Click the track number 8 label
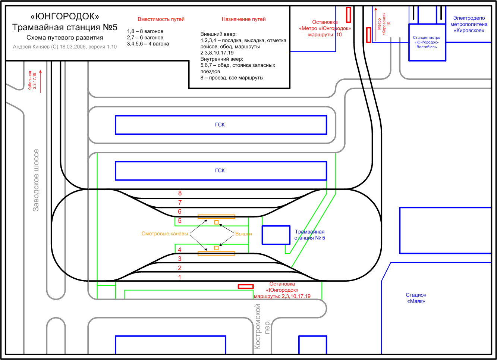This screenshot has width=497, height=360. tap(180, 193)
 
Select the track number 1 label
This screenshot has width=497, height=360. tap(180, 277)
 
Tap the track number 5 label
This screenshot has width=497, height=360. tap(180, 221)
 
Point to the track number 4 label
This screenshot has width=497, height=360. tap(180, 250)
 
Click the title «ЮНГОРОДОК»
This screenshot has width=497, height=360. tap(65, 16)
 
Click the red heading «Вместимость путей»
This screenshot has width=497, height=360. tap(161, 19)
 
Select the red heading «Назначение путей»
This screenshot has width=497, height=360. tap(243, 19)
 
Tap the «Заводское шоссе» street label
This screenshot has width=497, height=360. tap(36, 180)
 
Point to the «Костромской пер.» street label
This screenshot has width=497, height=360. tap(261, 327)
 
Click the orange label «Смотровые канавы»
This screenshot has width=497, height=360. tap(165, 234)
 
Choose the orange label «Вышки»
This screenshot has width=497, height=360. tap(243, 234)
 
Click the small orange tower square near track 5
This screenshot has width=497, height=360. tap(216, 222)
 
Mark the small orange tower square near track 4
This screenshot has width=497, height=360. tap(216, 248)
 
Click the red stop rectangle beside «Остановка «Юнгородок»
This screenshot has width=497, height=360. tap(246, 287)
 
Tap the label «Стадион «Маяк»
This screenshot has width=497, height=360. tap(416, 298)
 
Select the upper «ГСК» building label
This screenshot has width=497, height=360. tap(220, 125)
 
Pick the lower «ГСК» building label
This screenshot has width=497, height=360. tap(220, 170)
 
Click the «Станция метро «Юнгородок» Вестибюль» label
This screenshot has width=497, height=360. tap(427, 42)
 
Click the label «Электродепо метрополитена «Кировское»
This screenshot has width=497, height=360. tap(469, 24)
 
